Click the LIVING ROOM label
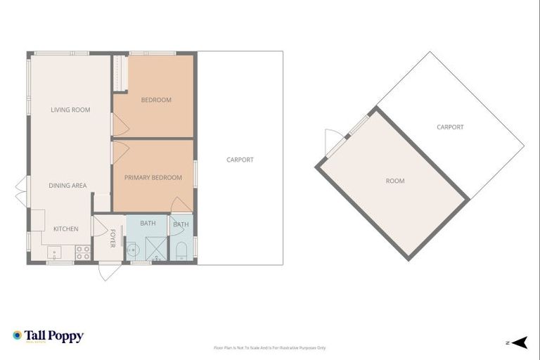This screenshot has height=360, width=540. click(x=70, y=110)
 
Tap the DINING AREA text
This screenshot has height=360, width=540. click(x=67, y=186)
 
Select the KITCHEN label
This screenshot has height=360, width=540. click(x=65, y=229)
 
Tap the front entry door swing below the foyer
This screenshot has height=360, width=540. click(x=109, y=271)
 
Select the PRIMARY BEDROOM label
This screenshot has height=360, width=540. click(x=153, y=178)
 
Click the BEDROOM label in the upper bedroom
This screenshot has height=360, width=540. click(x=156, y=100)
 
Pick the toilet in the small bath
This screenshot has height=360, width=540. click(x=181, y=250)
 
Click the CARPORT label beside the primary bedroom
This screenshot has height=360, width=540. click(x=240, y=160)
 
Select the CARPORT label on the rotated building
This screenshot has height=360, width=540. click(x=450, y=127)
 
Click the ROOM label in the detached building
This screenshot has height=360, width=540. click(x=395, y=181)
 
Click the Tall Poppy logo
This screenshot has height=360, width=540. click(x=48, y=336)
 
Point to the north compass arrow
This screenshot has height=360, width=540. click(x=519, y=342)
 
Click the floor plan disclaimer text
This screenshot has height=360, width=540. click(x=270, y=348)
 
